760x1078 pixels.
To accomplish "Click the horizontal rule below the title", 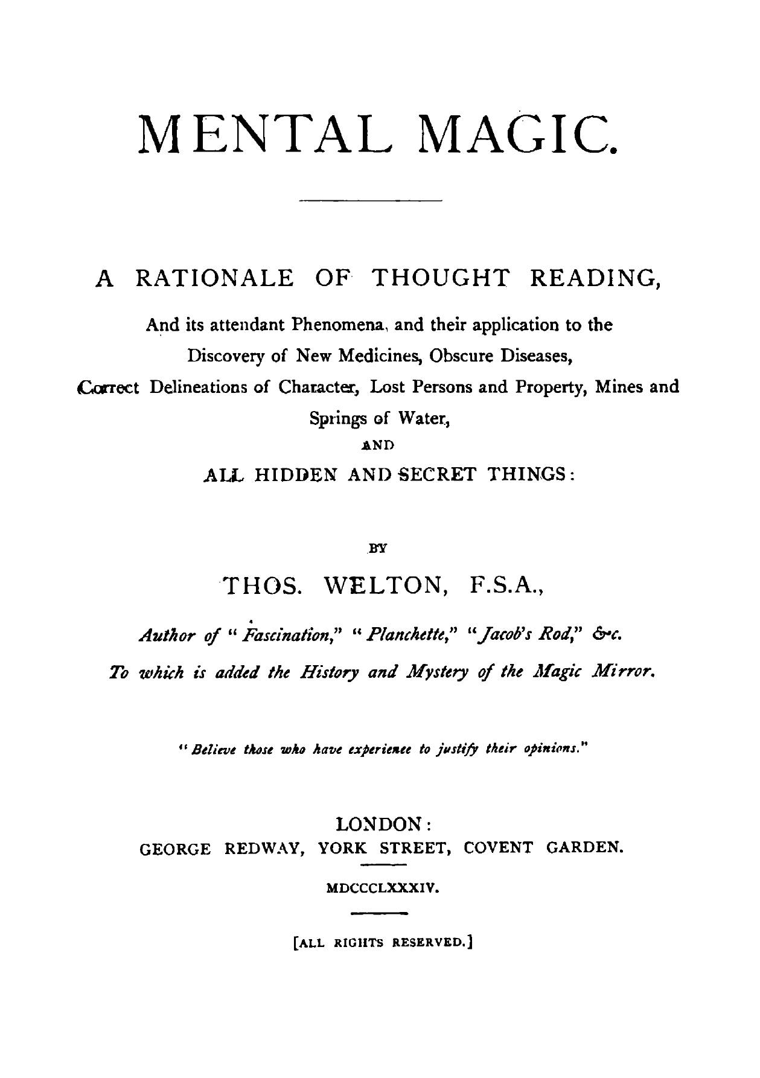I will click(x=371, y=199).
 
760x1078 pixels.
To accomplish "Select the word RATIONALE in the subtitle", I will click(x=216, y=278).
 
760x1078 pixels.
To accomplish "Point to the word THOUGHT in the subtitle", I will click(x=440, y=278).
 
